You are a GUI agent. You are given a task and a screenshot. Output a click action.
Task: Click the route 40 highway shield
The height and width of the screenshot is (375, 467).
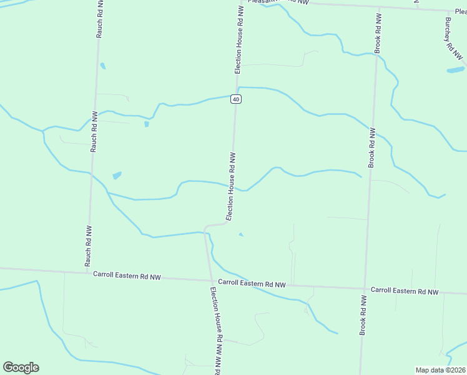pyautogui.click(x=235, y=99)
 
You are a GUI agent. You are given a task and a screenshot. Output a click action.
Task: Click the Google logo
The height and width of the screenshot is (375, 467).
pyautogui.click(x=21, y=367)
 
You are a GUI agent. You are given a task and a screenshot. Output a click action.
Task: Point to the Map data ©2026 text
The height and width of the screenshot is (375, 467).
pyautogui.click(x=441, y=370)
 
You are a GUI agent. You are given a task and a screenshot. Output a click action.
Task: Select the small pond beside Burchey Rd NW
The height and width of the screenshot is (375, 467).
pyautogui.click(x=455, y=69)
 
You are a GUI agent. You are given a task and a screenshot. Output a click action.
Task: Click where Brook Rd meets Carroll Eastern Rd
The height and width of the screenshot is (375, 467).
pyautogui.click(x=365, y=289)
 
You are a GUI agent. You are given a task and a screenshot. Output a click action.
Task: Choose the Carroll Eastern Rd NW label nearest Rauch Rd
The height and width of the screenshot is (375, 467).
pyautogui.click(x=127, y=275)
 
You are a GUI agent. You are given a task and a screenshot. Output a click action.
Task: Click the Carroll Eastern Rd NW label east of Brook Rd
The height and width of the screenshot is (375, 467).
pyautogui.click(x=405, y=291)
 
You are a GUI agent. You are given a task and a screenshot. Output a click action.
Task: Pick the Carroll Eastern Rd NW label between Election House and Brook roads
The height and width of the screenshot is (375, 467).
pyautogui.click(x=252, y=283)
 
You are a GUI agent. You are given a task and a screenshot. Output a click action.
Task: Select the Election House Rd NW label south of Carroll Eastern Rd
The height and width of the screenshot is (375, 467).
pyautogui.click(x=216, y=328)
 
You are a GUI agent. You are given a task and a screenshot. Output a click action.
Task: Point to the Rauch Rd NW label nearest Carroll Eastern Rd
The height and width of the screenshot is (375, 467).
pyautogui.click(x=88, y=245)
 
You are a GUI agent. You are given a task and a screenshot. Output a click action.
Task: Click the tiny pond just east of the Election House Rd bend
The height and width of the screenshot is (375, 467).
pyautogui.click(x=241, y=235)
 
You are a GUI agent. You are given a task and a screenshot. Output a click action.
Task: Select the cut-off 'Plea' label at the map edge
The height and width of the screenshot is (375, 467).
pyautogui.click(x=460, y=11)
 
